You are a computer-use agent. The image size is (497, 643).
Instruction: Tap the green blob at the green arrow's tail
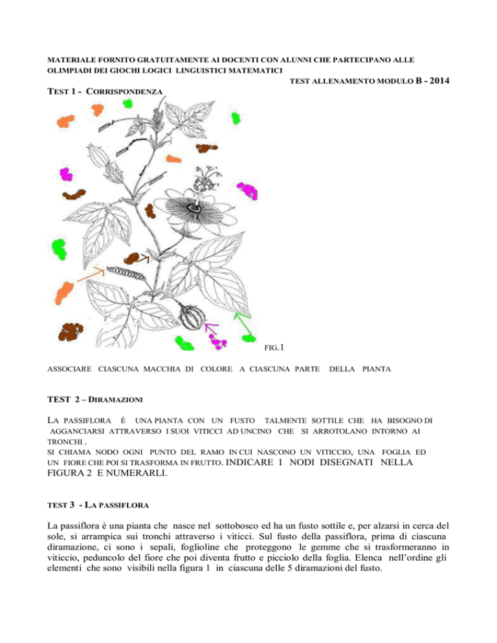pyautogui.click(x=247, y=337)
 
